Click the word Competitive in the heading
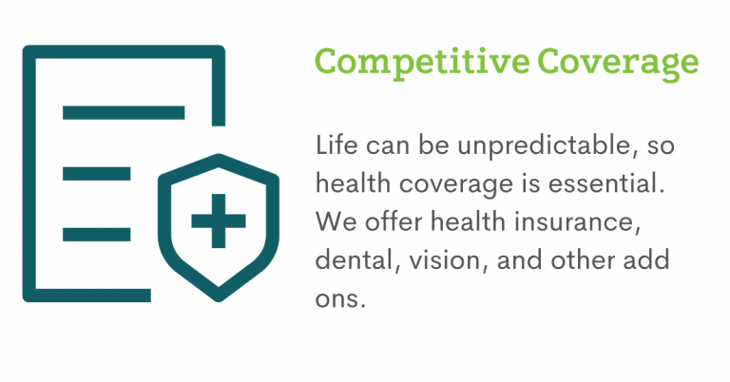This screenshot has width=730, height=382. pos(422,63)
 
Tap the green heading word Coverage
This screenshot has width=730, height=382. pos(618,64)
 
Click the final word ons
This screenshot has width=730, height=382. pos(340,298)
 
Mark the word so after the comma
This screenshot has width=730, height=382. pos(661,147)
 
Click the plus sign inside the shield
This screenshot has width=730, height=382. pos(219,221)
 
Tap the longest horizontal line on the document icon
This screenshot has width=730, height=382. pos(124,112)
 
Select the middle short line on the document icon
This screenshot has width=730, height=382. pos(96,174)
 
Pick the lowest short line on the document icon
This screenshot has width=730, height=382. pos(96,235)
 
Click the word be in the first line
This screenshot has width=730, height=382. pos(433,144)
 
